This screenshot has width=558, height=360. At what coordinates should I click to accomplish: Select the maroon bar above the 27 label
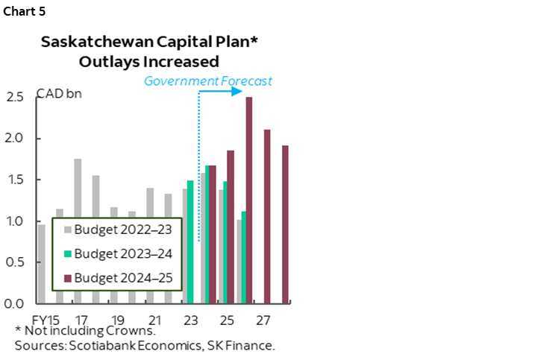[x=267, y=216]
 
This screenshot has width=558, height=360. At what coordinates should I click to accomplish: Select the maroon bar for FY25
[x=231, y=227]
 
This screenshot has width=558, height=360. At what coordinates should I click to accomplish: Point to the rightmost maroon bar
[x=285, y=224]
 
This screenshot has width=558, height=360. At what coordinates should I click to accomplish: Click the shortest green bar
[x=243, y=257]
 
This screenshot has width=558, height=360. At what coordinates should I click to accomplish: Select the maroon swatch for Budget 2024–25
[x=66, y=278]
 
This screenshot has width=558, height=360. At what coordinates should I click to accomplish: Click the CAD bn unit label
[x=60, y=95]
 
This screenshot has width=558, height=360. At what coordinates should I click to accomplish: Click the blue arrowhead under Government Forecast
[x=239, y=92]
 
